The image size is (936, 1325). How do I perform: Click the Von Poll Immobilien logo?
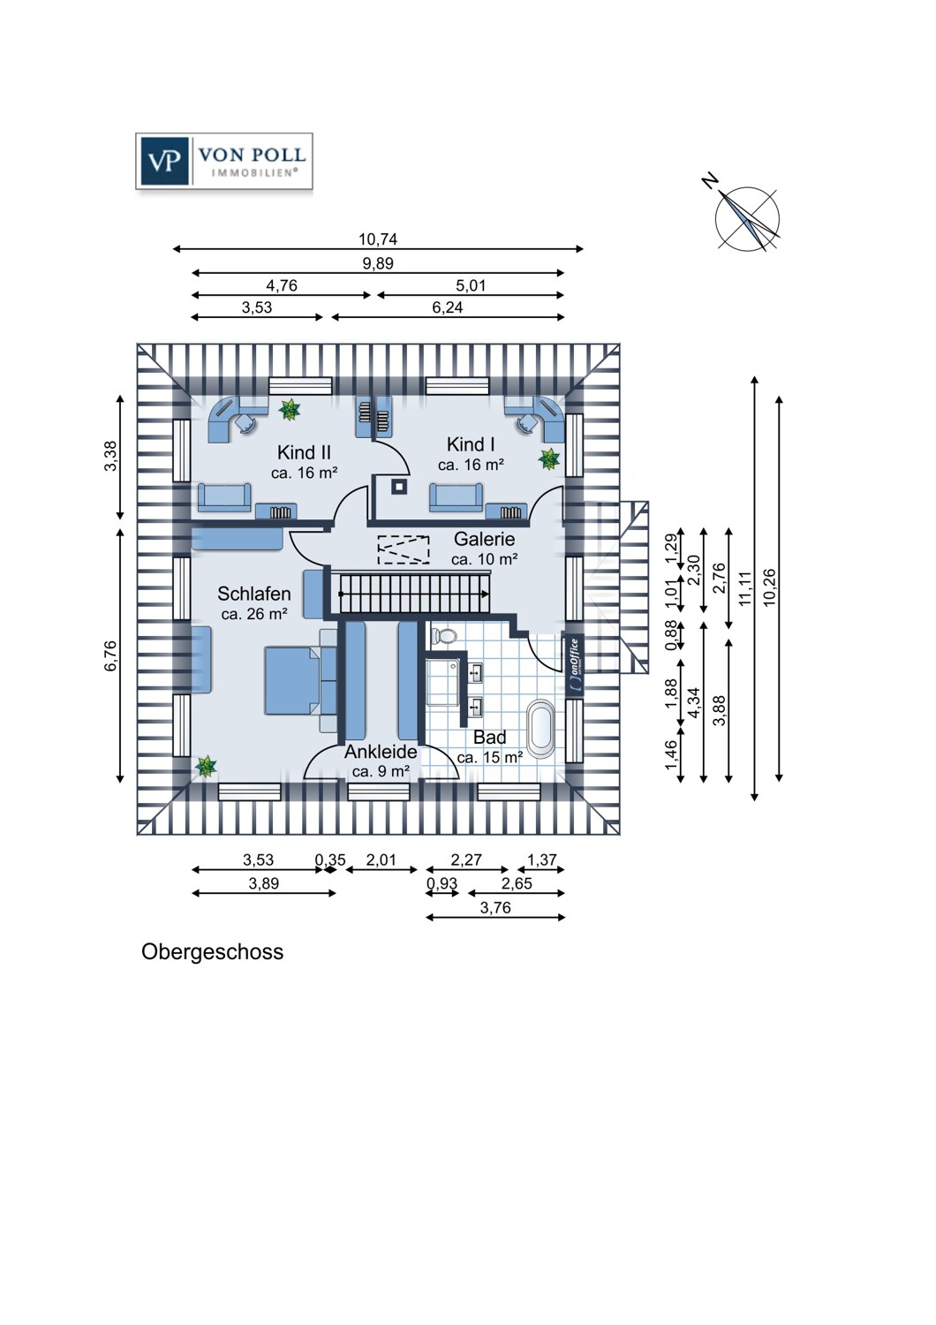224,161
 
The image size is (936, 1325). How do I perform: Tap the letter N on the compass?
710,180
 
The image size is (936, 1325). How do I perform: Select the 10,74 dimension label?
378,239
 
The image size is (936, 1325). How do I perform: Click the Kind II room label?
304,453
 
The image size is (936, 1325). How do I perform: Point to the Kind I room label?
471,444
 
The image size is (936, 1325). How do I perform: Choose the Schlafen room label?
254,594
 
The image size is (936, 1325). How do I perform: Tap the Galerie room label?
484,539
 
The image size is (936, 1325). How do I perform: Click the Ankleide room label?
381,752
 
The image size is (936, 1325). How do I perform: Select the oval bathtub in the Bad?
541,729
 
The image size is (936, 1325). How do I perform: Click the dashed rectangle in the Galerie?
404,549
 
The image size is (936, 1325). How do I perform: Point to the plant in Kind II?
290,409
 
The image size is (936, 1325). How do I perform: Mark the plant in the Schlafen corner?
206,767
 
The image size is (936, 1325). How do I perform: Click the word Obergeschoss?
212,951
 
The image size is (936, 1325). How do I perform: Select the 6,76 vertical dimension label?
110,656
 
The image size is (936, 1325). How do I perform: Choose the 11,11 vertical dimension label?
744,588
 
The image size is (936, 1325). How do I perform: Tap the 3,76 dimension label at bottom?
494,907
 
